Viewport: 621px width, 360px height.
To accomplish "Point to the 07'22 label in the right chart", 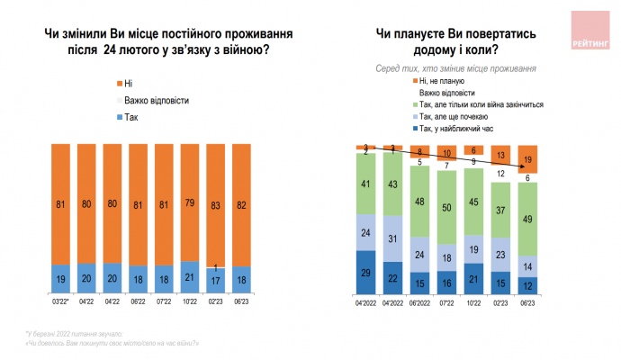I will (448, 301).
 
